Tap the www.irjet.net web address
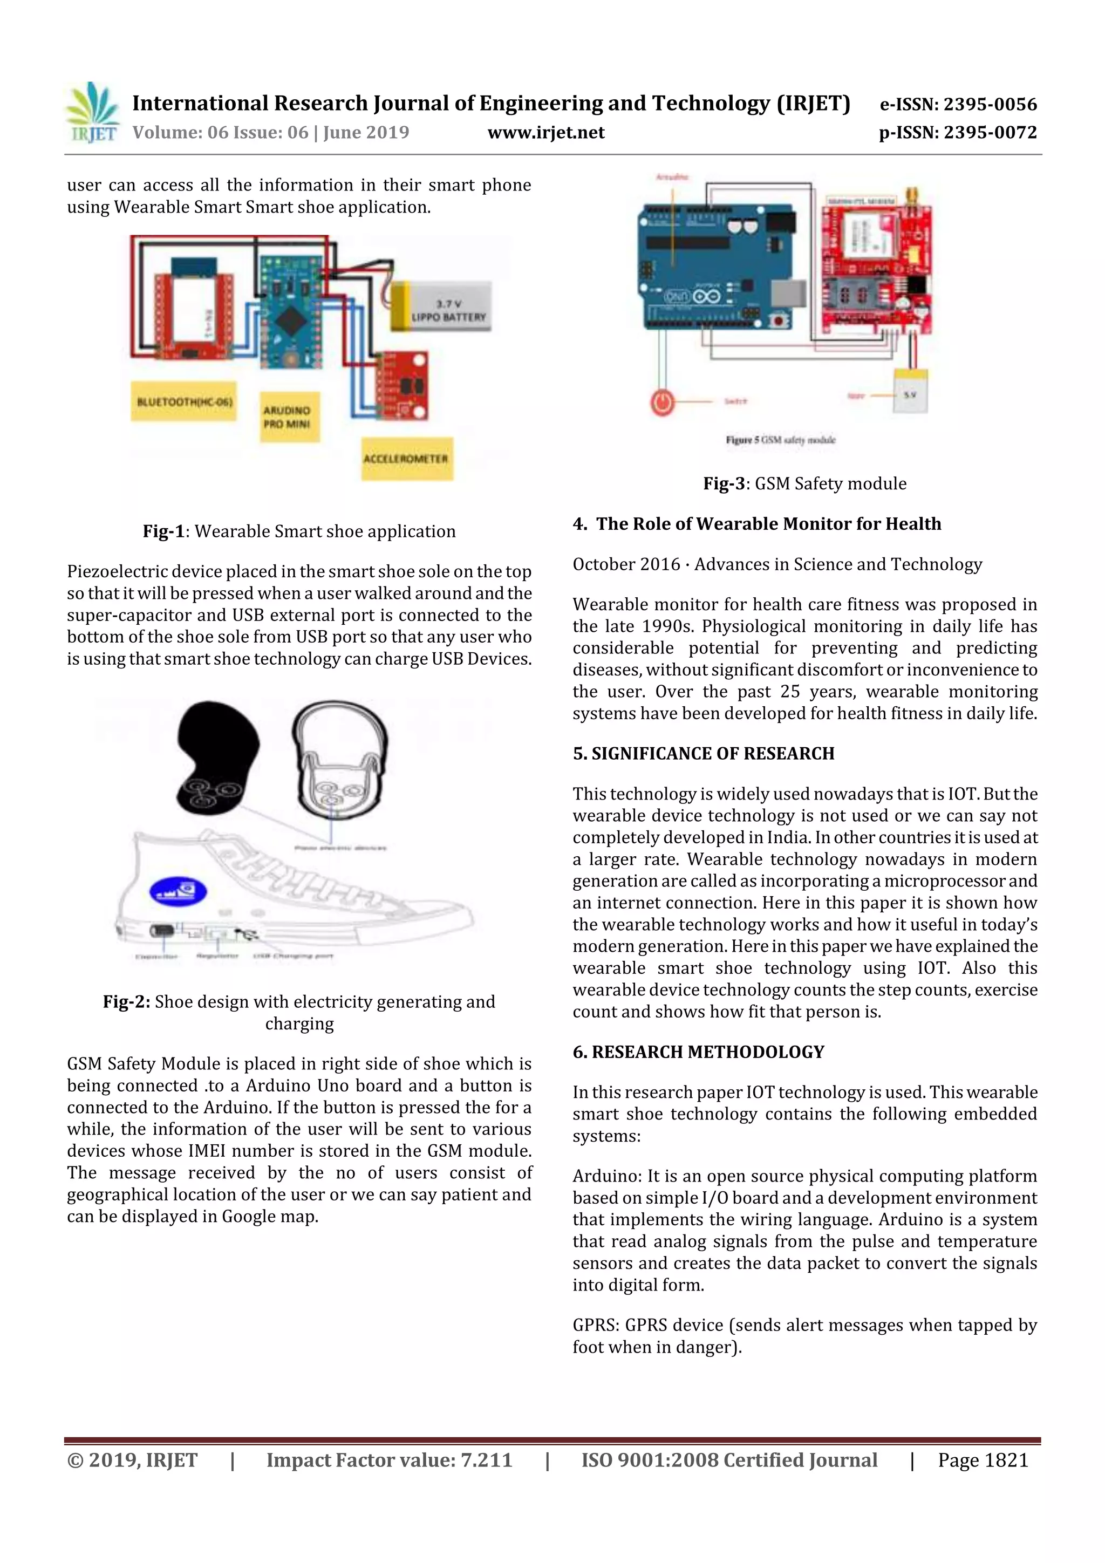click(546, 133)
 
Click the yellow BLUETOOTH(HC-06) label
click(184, 401)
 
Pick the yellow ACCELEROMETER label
click(406, 459)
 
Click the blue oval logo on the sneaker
click(178, 892)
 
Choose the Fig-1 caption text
click(299, 531)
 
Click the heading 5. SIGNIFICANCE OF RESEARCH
click(704, 754)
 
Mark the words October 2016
click(626, 564)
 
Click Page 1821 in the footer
click(983, 1460)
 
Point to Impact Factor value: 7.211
click(389, 1460)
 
